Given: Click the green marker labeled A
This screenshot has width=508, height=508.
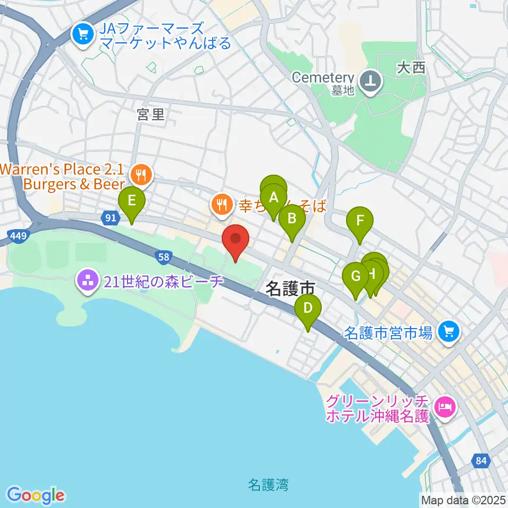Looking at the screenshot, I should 274,198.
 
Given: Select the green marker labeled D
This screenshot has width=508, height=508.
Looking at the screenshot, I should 307,307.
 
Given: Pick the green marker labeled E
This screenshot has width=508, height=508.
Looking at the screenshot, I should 132,201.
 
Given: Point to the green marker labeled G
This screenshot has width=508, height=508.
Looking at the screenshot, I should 356,276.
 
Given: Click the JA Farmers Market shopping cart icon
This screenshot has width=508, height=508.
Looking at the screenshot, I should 83,35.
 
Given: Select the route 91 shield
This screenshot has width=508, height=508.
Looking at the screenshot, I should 110,217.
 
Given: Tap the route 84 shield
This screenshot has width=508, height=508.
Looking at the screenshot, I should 480,461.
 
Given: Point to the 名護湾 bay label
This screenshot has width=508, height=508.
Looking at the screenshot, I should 268,484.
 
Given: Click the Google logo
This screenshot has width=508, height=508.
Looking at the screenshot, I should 36,495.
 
